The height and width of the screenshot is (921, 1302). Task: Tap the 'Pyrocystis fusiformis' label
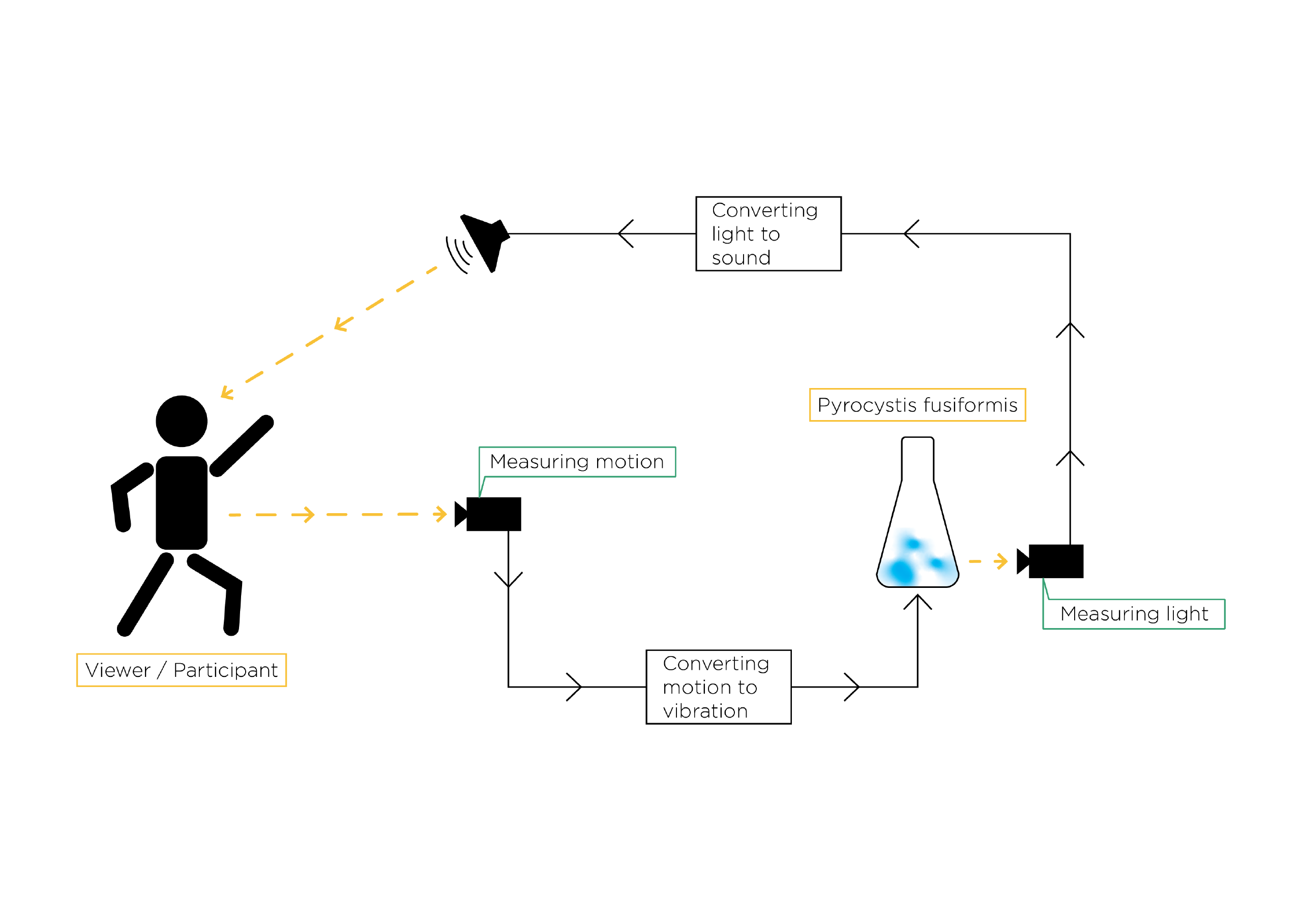click(x=918, y=405)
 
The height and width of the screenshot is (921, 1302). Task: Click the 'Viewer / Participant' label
click(x=182, y=670)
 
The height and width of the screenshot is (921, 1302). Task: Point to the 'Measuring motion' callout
click(x=577, y=462)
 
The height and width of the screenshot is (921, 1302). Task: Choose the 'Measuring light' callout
click(x=1134, y=614)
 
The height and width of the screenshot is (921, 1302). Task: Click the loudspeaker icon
click(x=479, y=244)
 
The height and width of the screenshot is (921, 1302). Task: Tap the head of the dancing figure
click(x=182, y=422)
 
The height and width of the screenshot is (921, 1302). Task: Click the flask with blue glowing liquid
click(x=918, y=512)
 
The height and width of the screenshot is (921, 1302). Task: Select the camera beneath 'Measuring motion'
click(x=488, y=514)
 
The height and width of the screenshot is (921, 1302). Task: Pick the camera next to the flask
click(x=1050, y=561)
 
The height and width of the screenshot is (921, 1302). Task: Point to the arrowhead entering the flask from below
click(x=918, y=601)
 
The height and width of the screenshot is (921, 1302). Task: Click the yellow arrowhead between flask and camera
click(x=1001, y=561)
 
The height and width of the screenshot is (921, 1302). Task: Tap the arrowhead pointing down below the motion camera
click(x=508, y=580)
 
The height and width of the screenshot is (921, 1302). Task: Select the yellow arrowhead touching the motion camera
click(x=440, y=514)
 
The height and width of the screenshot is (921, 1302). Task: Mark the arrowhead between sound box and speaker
click(x=626, y=233)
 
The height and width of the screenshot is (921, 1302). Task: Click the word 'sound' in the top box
click(x=741, y=258)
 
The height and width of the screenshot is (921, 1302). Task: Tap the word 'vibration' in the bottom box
click(x=705, y=711)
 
